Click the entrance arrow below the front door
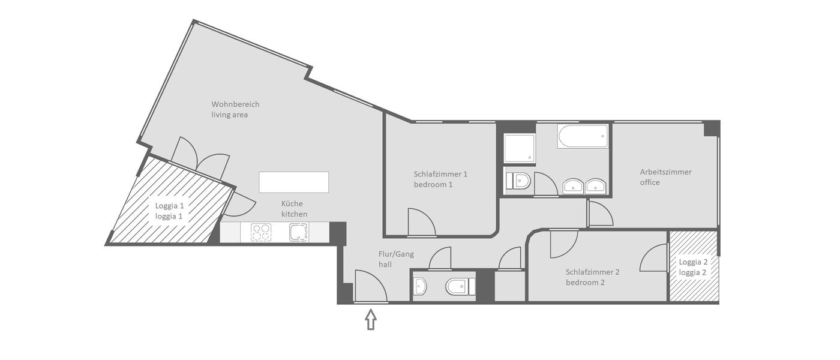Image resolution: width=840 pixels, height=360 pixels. [x=371, y=319]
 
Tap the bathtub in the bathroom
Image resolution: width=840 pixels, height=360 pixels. [x=583, y=137]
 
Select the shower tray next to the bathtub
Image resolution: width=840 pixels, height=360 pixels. [x=520, y=148]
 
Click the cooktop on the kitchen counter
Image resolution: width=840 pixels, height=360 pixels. [x=260, y=232]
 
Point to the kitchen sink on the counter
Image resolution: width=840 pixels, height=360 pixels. [x=298, y=232]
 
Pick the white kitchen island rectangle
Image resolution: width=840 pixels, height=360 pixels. [x=294, y=182]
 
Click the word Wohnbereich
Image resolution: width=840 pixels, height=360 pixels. [x=235, y=104]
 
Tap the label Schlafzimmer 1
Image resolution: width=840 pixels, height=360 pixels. [x=440, y=174]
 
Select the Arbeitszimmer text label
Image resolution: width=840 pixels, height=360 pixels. [x=665, y=172]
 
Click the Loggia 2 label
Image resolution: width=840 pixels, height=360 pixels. [x=694, y=262]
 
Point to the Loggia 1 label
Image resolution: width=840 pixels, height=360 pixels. [x=170, y=205]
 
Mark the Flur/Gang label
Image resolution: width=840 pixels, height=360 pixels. [x=396, y=254]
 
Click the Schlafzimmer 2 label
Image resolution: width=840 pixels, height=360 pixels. [x=592, y=272]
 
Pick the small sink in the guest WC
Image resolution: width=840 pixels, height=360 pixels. [x=421, y=287]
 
